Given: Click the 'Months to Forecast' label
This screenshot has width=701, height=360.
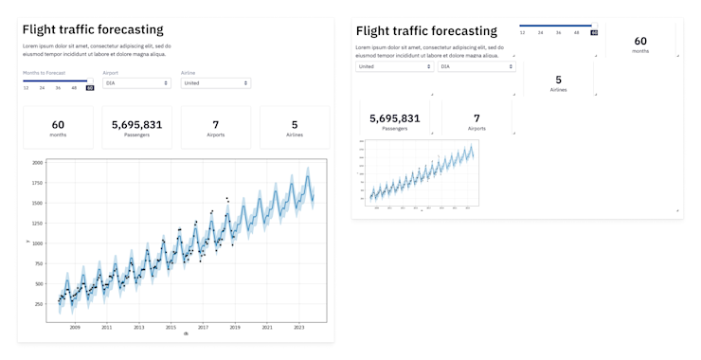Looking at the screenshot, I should click(44, 72).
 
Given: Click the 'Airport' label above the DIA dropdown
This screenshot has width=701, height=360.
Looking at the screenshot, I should click(110, 72).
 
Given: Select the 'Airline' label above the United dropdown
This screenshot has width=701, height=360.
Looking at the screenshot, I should click(188, 72).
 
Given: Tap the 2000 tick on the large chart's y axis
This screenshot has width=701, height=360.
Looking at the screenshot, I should click(37, 163).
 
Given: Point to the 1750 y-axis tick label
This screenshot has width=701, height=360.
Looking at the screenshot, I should click(37, 183).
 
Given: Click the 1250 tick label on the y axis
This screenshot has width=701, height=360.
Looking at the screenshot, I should click(37, 224).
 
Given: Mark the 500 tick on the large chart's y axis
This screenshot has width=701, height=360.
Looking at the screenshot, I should click(38, 283).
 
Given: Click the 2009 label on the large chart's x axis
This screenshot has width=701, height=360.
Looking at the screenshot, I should click(75, 327).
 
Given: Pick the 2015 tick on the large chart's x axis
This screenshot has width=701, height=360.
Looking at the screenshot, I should click(171, 327).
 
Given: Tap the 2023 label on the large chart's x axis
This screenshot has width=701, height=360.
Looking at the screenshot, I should click(298, 327).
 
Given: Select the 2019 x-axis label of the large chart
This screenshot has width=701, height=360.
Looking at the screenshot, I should click(235, 327).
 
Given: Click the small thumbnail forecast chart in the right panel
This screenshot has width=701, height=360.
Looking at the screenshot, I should click(420, 173).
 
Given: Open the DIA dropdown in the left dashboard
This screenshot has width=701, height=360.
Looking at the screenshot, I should click(136, 83).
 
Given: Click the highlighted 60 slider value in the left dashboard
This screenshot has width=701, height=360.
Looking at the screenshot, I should click(90, 88).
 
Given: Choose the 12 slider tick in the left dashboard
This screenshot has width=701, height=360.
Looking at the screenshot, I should click(27, 88).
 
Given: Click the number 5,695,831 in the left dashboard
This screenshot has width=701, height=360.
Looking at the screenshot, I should click(137, 124).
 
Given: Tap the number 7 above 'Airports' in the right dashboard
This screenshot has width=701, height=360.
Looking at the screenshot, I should click(476, 118).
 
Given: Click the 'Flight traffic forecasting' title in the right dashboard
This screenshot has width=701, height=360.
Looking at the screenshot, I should click(426, 31).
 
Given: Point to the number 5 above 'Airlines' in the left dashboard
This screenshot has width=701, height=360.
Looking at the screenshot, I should click(295, 124).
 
